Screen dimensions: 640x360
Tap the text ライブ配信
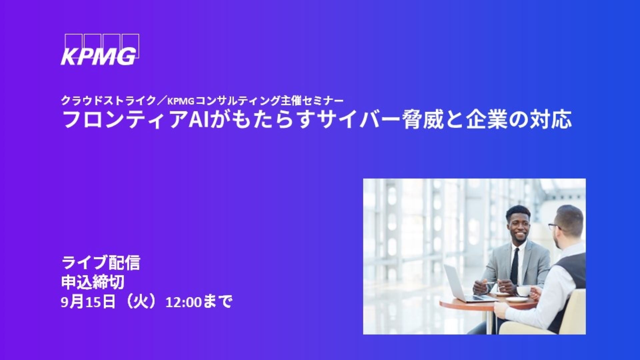(x=101, y=263)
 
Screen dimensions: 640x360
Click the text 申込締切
(x=93, y=282)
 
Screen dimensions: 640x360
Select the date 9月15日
(x=88, y=302)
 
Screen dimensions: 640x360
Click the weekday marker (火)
(x=140, y=302)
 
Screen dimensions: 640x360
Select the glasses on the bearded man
(x=555, y=227)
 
